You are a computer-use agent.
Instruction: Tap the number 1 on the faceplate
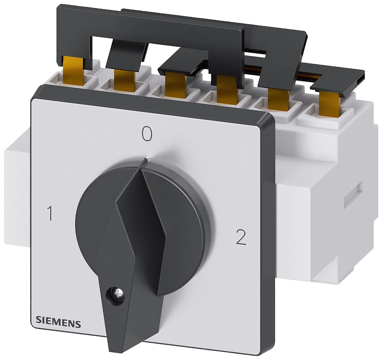pyautogui.click(x=49, y=214)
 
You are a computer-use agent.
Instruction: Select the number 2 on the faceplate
pyautogui.click(x=241, y=238)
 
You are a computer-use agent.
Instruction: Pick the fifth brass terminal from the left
pyautogui.click(x=278, y=100)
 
